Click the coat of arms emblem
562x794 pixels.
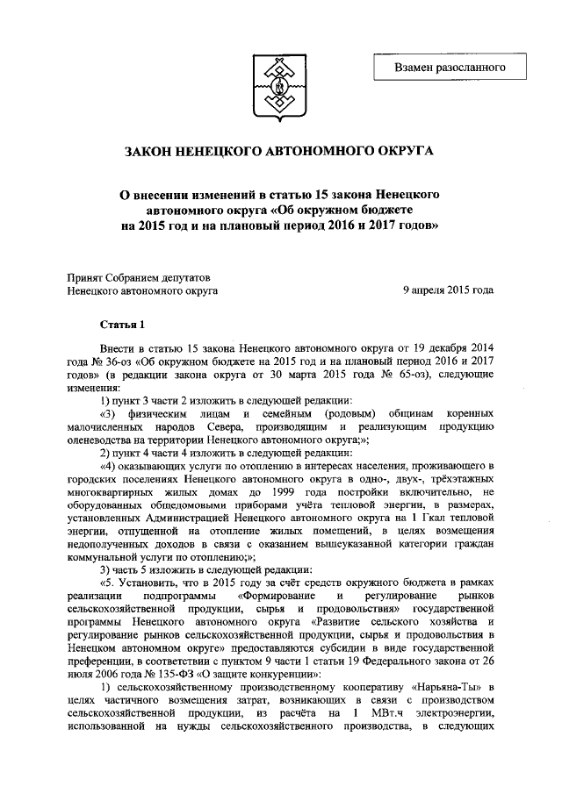(280, 84)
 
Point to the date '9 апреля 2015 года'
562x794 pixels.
(448, 290)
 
